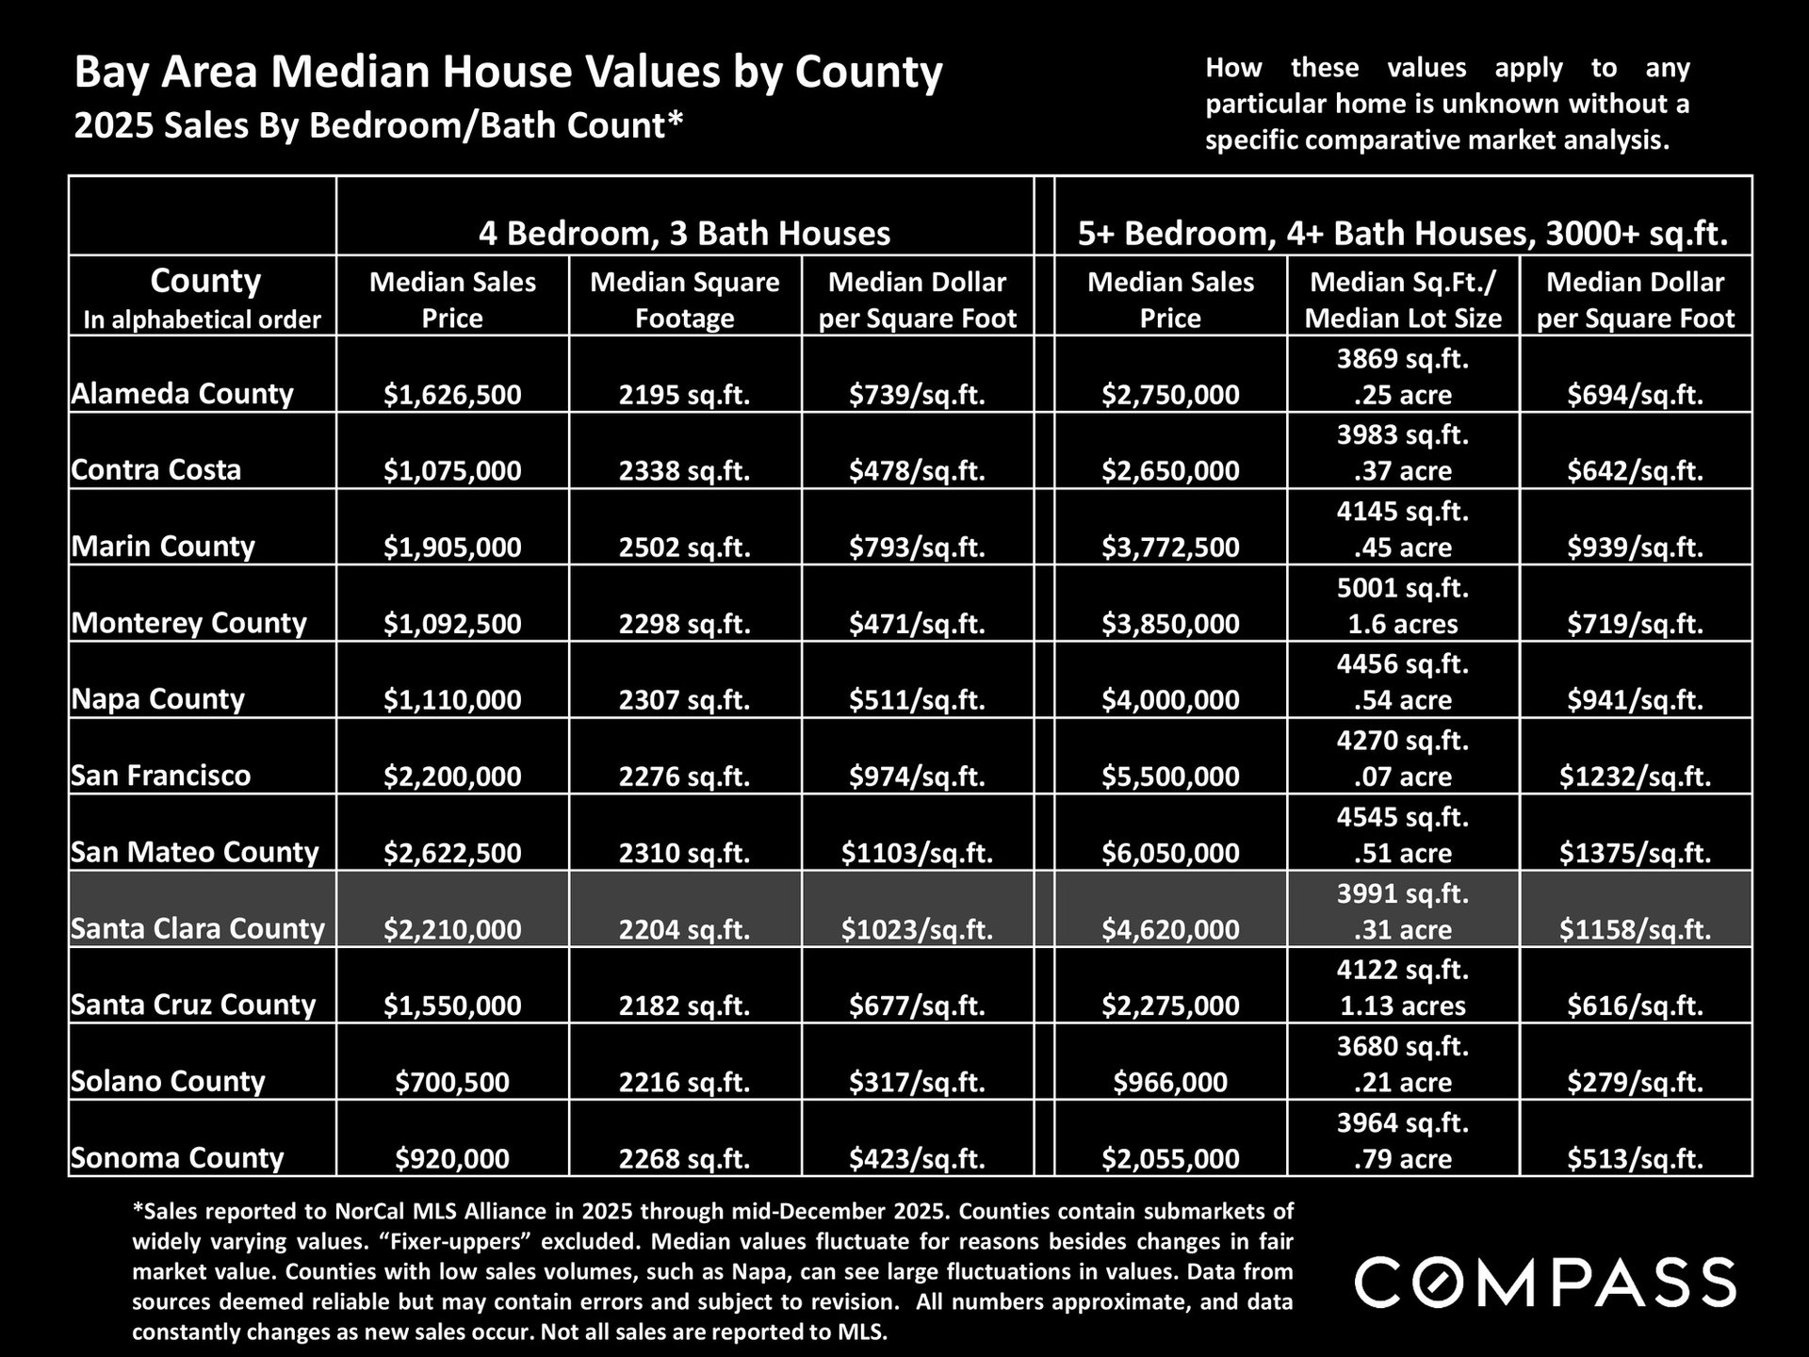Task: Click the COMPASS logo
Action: click(1545, 1282)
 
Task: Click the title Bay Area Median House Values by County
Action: click(508, 73)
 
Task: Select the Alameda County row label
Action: click(183, 393)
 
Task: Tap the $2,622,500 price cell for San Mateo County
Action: click(452, 853)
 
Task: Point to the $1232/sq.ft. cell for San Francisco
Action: click(1635, 777)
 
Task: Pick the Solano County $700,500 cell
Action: click(452, 1082)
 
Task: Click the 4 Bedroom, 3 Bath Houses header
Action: click(684, 233)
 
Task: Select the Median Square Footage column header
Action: click(684, 300)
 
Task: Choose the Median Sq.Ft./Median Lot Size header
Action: click(1403, 300)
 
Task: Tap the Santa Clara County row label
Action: click(198, 928)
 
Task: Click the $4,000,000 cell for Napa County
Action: click(1170, 700)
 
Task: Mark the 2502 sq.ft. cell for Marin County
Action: click(684, 548)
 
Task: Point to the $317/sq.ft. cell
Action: click(917, 1082)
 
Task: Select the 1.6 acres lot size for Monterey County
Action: click(1403, 624)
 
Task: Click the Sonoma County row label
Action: click(177, 1157)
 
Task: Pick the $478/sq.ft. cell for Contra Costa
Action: click(917, 470)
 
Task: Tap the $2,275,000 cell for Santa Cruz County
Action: click(1170, 1005)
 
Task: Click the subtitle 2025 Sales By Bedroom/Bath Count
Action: click(378, 125)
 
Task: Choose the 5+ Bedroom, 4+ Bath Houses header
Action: click(1403, 233)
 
